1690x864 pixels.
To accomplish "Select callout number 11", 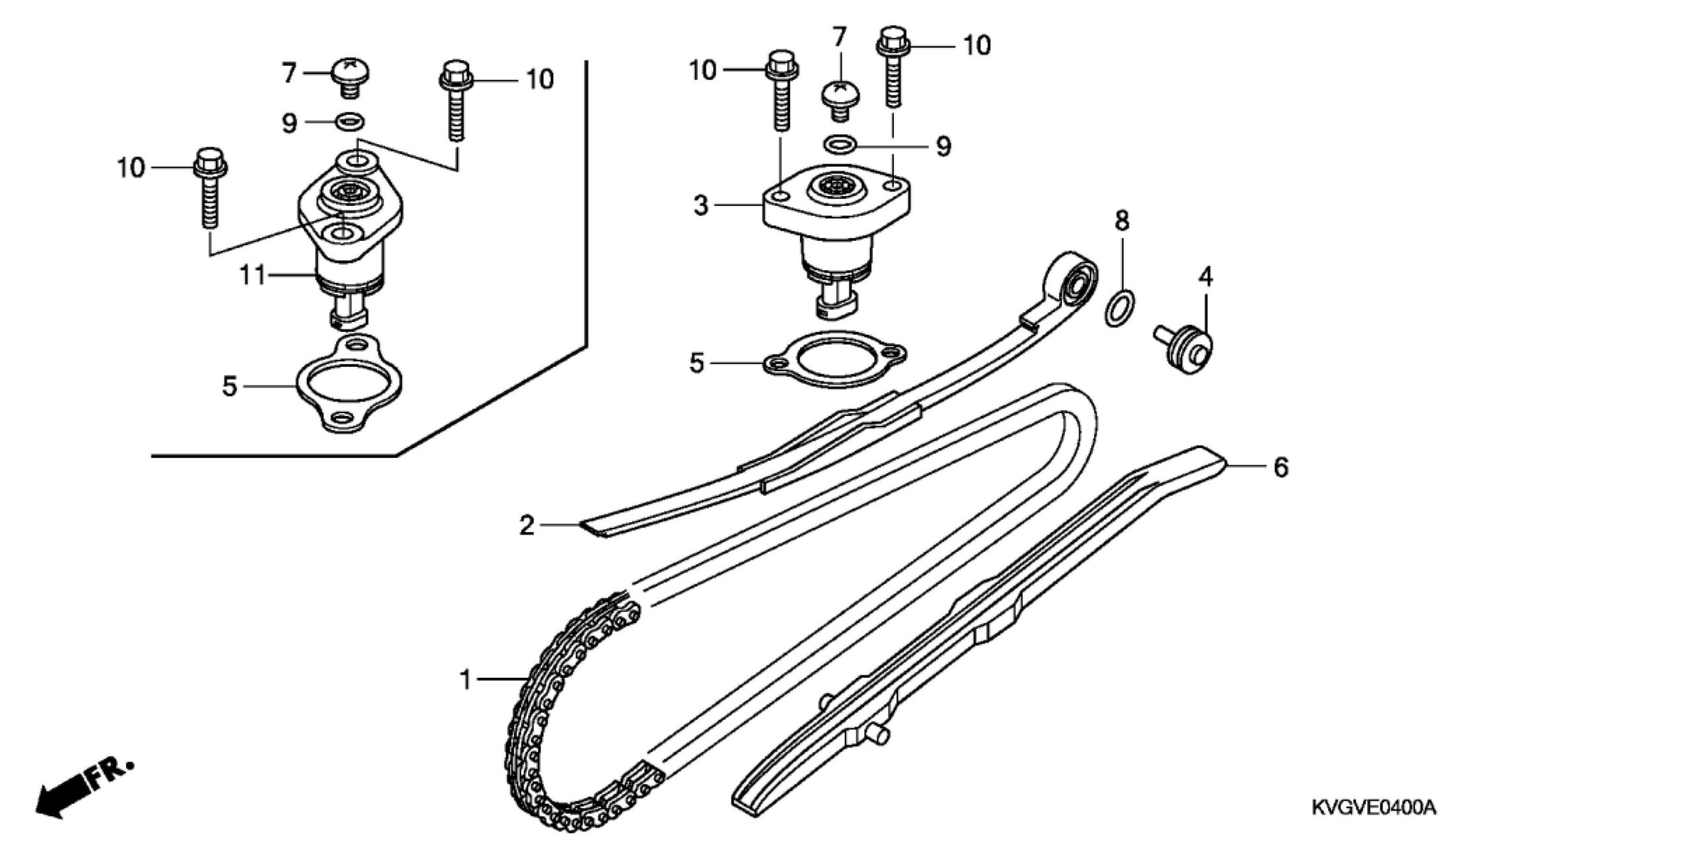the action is (x=252, y=275).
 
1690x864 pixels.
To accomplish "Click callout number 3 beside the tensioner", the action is (x=701, y=206).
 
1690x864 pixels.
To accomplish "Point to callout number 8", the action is (x=1122, y=220).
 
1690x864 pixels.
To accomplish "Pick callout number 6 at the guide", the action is (x=1281, y=467).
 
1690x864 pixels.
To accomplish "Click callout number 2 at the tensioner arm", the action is (x=526, y=525).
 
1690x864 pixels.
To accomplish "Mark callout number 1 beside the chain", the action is (x=466, y=680).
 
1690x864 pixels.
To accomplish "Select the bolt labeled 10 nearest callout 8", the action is (x=893, y=67).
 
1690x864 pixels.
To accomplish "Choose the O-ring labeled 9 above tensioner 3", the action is (x=840, y=143).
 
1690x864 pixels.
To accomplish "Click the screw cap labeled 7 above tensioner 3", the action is (x=840, y=100).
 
